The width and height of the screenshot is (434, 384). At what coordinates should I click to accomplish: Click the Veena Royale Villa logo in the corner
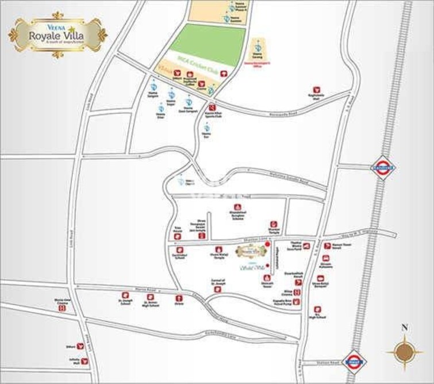tap(57, 34)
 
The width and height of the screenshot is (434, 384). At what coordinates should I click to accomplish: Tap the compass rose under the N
tap(404, 351)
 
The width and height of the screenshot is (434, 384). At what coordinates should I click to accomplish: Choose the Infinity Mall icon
tap(85, 362)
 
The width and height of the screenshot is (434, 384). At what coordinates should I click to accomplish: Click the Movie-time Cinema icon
tap(63, 308)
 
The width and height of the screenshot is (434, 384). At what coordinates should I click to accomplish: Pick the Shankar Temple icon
tap(274, 224)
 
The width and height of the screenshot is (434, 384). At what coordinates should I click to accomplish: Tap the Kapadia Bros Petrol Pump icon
tap(297, 301)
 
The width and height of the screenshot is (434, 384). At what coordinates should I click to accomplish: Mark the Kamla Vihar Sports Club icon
tap(212, 107)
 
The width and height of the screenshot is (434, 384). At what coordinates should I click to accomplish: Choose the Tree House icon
tap(178, 229)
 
